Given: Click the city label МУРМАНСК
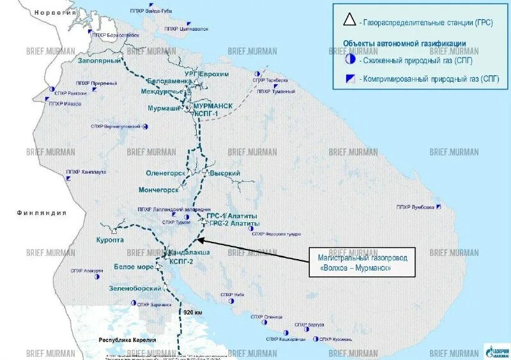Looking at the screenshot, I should click(212, 105).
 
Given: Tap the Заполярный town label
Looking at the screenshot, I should click(99, 60).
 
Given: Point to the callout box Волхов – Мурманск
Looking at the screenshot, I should click(362, 262).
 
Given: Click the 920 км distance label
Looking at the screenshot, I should click(192, 313).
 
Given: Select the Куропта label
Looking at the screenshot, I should click(128, 240).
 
